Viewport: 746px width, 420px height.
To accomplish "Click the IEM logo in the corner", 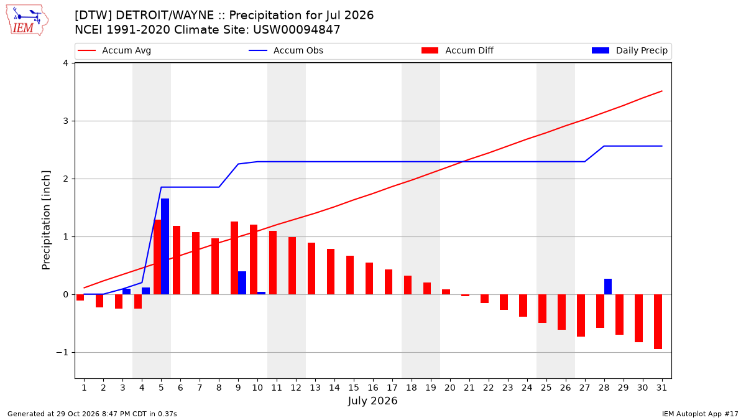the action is (27, 21).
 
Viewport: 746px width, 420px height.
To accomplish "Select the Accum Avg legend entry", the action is (114, 50).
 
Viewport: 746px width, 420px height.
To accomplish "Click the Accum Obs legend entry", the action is (286, 50).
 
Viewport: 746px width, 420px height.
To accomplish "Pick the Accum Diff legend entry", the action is (458, 50).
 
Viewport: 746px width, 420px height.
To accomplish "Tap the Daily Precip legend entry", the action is (629, 50).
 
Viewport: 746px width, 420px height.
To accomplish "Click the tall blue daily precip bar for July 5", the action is (165, 246).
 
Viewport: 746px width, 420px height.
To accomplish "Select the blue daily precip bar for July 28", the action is (608, 287).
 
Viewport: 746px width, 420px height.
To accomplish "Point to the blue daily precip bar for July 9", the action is (242, 283).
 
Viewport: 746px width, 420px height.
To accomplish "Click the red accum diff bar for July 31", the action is (658, 322).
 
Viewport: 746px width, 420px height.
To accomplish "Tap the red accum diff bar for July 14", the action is (331, 272).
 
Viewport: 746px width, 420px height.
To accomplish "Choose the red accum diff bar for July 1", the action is (80, 297).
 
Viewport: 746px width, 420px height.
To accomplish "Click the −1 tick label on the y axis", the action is (62, 353).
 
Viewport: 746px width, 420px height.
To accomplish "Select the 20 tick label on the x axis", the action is (450, 388).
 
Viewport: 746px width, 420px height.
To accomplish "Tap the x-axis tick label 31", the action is (661, 388).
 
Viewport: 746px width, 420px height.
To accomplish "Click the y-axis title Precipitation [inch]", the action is (46, 220).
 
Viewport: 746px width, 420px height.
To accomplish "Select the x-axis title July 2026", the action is (372, 401).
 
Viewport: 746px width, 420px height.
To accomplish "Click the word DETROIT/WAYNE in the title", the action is (165, 16).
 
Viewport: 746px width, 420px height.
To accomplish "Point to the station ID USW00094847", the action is (297, 30).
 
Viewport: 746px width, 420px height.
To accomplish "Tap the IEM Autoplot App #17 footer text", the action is (700, 414).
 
